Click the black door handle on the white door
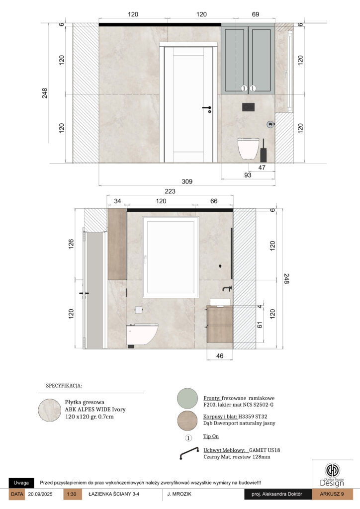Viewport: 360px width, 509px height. coord(207,108)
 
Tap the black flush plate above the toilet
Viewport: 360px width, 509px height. coord(248,107)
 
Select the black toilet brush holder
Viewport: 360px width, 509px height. coord(263,151)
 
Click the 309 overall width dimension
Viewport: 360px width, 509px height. coord(187,181)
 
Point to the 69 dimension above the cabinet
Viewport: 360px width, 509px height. coord(256,14)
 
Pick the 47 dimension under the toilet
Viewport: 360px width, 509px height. coord(262,168)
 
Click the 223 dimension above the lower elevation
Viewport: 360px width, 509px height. coord(170,191)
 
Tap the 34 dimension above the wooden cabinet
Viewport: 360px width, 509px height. coord(117,201)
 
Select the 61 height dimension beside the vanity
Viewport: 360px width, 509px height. coord(260,325)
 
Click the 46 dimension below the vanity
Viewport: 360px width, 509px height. coord(220,356)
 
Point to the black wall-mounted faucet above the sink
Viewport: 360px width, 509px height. coord(227,288)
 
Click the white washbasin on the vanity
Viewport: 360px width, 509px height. coord(220,302)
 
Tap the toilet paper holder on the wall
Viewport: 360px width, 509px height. coord(139,310)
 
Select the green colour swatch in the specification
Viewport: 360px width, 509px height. coord(187,398)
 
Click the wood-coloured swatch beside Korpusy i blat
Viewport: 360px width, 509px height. coord(187,421)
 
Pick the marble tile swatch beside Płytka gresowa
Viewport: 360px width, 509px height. coord(50,410)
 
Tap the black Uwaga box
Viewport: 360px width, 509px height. coord(21,483)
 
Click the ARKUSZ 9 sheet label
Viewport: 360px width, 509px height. coord(332,494)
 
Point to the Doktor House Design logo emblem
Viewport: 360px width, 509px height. coord(332,470)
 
